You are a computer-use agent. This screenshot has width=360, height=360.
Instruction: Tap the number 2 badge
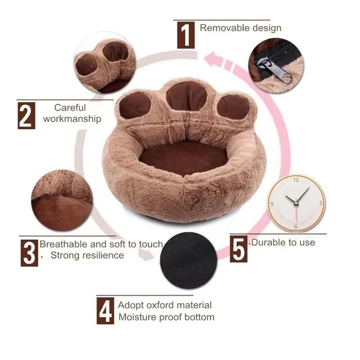[x=26, y=115]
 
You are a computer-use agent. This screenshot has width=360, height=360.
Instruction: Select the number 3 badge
[x=29, y=252]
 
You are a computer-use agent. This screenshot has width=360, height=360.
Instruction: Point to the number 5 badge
[x=238, y=248]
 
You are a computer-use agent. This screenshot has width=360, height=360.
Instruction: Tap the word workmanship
[x=72, y=119]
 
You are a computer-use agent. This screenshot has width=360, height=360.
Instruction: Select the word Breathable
[x=63, y=244]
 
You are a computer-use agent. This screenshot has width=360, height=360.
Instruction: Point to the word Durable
[x=266, y=242]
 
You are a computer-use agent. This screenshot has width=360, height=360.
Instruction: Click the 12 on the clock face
[x=296, y=180]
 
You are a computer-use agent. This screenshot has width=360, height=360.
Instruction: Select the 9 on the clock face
[x=272, y=204]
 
